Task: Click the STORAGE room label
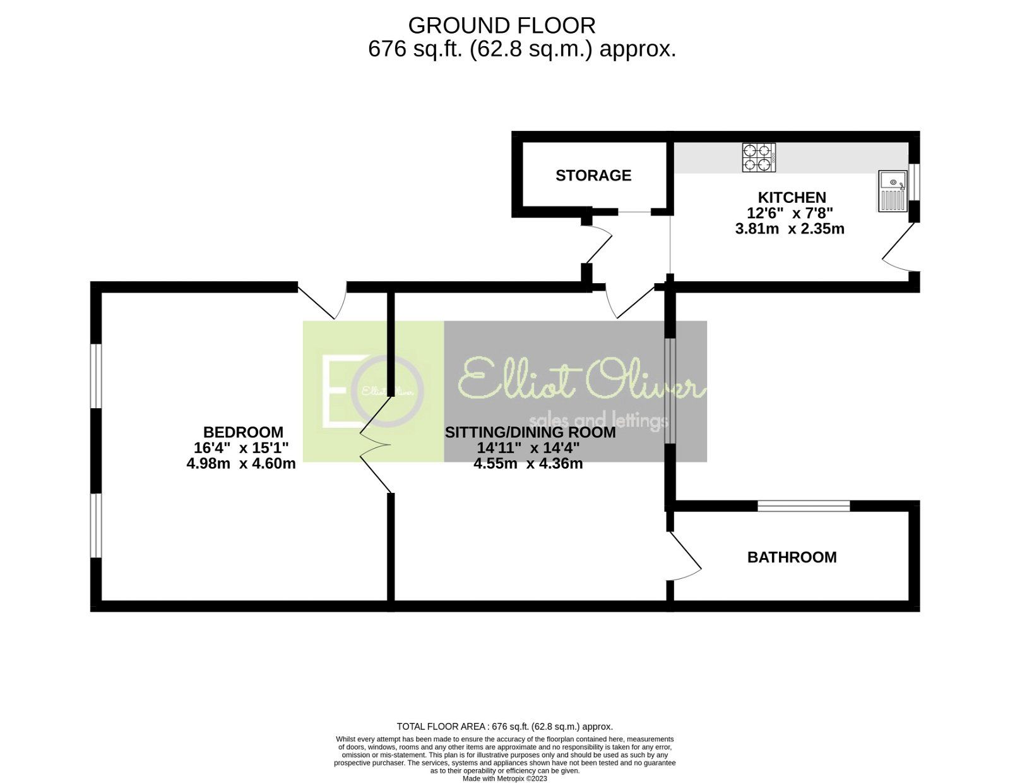[x=593, y=176]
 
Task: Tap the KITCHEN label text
[x=792, y=197]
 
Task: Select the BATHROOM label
[x=792, y=557]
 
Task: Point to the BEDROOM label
[x=243, y=432]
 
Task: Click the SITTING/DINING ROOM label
[x=530, y=432]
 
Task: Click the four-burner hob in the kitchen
[x=759, y=157]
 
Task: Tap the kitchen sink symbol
[x=893, y=191]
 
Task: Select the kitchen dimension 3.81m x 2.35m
[x=790, y=229]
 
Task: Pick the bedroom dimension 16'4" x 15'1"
[x=241, y=447]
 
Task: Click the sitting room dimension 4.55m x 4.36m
[x=528, y=463]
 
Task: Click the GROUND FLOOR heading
[x=501, y=26]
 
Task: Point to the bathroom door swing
[x=685, y=556]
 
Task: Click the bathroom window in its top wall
[x=804, y=506]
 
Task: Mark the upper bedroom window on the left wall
[x=96, y=377]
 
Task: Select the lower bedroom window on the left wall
[x=96, y=525]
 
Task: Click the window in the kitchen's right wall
[x=914, y=181]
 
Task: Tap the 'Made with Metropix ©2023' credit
[x=505, y=779]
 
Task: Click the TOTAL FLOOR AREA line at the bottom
[x=505, y=726]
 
